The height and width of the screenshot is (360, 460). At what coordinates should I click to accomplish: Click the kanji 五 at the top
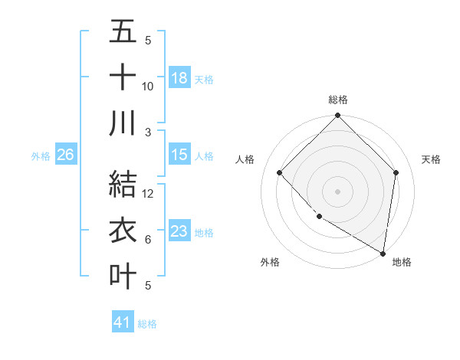(123, 33)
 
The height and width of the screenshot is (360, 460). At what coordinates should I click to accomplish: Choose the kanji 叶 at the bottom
(123, 276)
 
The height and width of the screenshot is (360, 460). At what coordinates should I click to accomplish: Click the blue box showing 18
(179, 78)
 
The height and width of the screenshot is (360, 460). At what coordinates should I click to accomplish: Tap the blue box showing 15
(179, 155)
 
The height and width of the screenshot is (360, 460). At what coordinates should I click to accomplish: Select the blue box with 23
(179, 231)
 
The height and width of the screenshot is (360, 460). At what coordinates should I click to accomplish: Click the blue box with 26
(66, 155)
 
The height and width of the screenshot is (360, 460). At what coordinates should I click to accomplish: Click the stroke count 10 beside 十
(148, 86)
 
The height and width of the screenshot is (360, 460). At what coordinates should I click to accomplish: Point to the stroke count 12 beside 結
(148, 194)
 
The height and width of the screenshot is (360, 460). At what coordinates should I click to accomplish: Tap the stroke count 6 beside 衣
(148, 240)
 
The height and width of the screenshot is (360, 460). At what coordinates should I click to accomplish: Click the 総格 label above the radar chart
(337, 100)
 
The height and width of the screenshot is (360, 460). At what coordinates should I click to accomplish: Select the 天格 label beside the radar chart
(431, 159)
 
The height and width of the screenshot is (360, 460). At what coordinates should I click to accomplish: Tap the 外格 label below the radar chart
(270, 262)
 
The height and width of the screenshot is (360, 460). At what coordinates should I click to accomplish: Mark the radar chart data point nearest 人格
(280, 172)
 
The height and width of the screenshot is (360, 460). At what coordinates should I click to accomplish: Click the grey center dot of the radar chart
(337, 191)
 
